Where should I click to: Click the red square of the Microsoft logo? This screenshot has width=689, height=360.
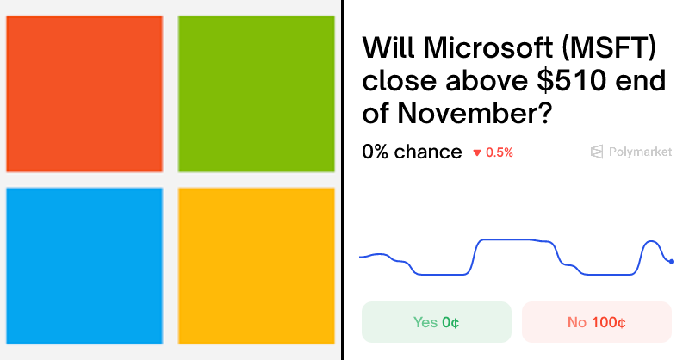[x=84, y=93]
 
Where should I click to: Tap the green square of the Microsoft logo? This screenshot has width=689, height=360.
[x=256, y=93]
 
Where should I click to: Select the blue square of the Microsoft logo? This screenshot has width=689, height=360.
[x=84, y=265]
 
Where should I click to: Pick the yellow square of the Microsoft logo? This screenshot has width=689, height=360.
[x=256, y=265]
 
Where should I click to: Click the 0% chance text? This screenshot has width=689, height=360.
[x=412, y=152]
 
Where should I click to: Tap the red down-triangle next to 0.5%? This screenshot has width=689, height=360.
[x=476, y=153]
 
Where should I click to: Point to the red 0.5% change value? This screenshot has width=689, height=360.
[x=500, y=152]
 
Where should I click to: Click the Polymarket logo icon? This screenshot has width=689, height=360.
[x=596, y=152]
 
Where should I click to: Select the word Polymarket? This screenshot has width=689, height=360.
[x=640, y=152]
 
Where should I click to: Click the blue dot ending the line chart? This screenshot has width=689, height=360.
[x=671, y=261]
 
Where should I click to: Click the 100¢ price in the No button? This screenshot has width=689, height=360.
[x=609, y=322]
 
